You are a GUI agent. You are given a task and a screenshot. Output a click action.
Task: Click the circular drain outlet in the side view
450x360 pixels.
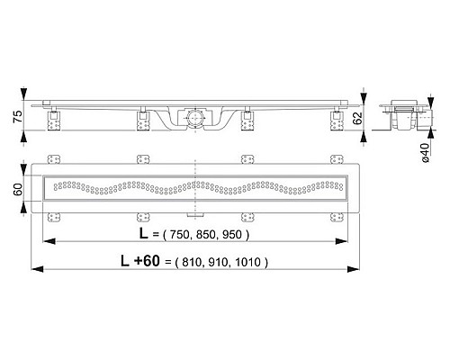point(193,116)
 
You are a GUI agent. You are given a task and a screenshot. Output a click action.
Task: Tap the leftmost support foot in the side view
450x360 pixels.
point(55,117)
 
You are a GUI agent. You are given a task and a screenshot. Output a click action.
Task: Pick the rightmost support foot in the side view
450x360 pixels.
point(337,117)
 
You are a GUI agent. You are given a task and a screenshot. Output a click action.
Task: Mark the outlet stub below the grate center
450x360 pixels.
point(193,215)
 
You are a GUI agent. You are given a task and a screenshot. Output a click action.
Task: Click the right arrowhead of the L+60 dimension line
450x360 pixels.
point(354,267)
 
